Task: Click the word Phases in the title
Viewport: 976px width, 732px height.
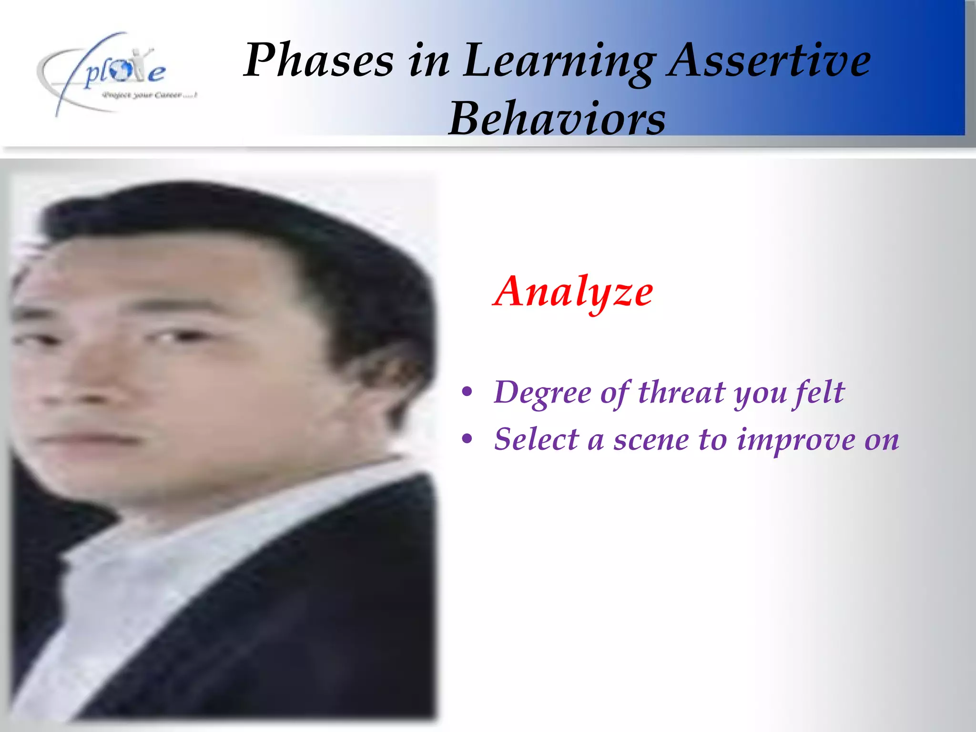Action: (x=318, y=61)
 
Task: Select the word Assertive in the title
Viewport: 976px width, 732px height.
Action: (x=769, y=61)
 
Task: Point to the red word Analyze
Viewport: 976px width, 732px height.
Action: (x=573, y=292)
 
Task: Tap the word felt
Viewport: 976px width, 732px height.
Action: (x=819, y=393)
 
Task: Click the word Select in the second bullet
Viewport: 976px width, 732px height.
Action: (x=536, y=439)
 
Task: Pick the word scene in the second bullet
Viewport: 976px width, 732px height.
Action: (x=651, y=440)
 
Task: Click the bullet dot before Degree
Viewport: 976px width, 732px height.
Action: (x=468, y=392)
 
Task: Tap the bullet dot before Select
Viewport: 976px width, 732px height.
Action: (x=468, y=439)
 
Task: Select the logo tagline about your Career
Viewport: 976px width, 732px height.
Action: (x=149, y=95)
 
